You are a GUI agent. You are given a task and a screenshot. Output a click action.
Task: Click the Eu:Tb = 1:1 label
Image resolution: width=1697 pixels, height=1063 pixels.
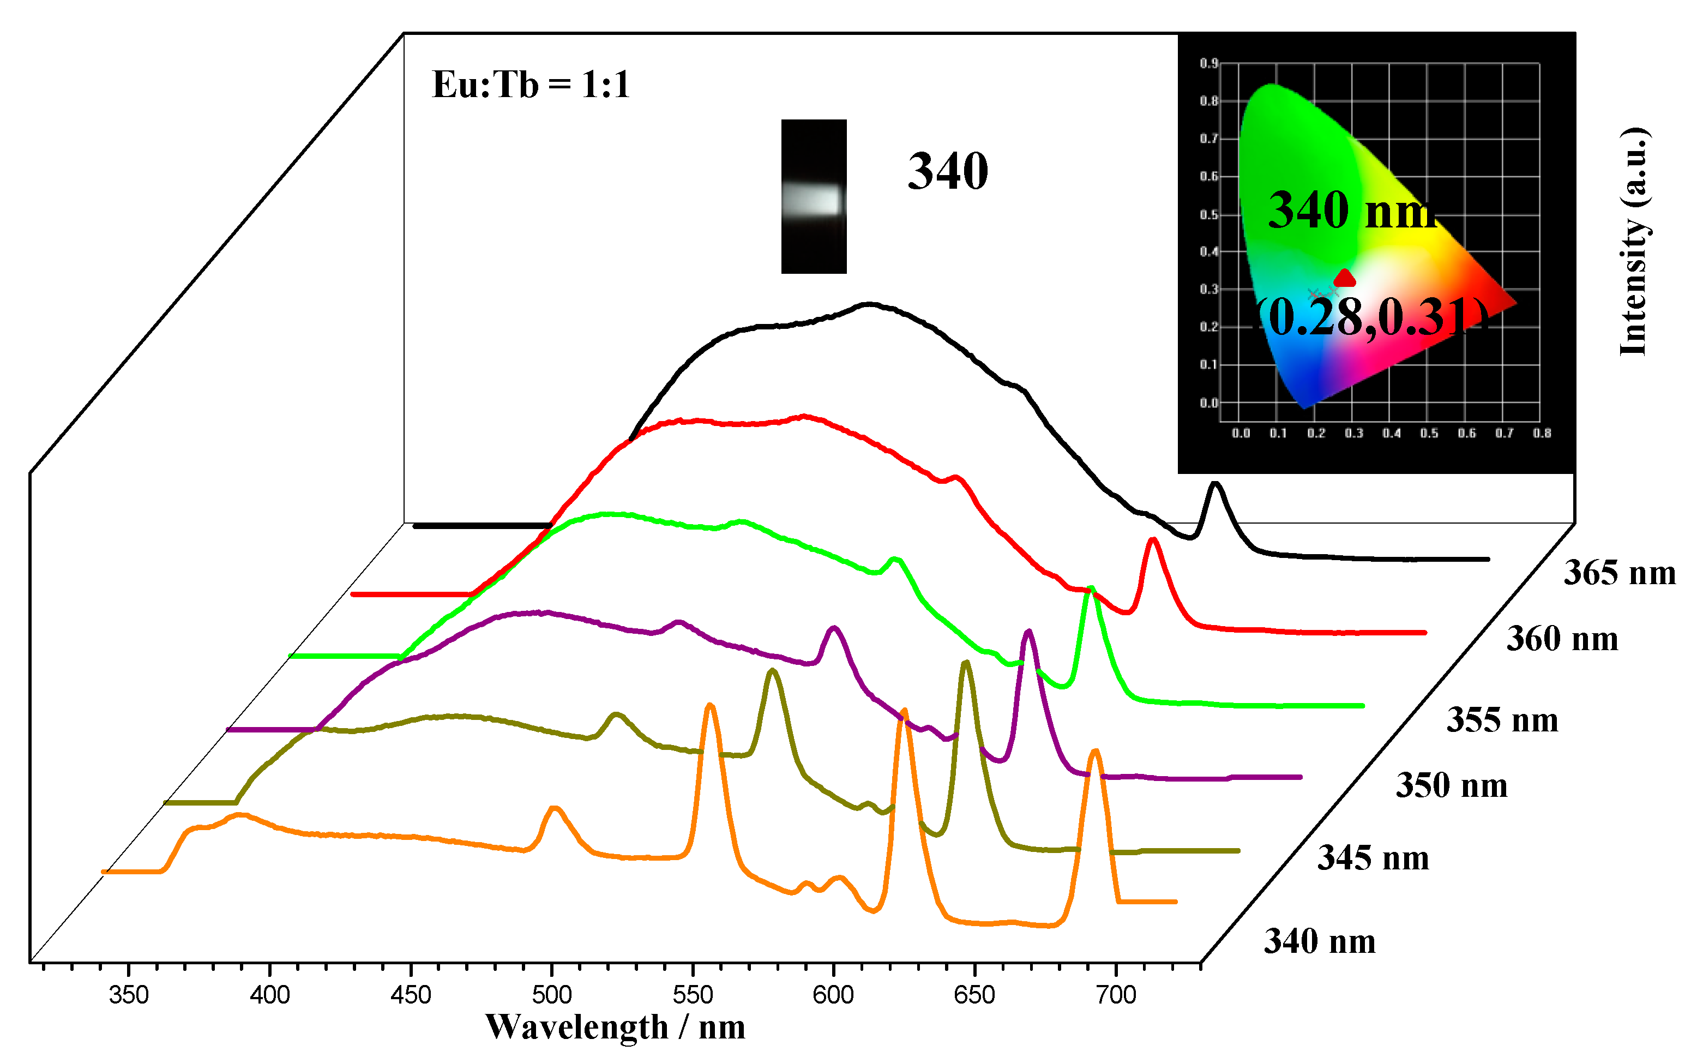[x=531, y=85]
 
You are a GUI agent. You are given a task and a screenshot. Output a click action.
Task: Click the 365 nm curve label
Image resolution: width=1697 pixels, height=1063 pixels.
[x=1619, y=573]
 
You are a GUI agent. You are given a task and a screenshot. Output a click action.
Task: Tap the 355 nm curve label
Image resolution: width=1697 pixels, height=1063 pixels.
[x=1502, y=720]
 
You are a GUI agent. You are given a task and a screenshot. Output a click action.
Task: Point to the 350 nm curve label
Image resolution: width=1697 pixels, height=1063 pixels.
[x=1451, y=785]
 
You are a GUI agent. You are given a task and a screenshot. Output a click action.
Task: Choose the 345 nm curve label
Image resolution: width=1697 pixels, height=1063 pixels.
[x=1373, y=858]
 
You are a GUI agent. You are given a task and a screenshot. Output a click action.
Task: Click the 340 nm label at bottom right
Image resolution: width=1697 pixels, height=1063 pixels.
[x=1319, y=941]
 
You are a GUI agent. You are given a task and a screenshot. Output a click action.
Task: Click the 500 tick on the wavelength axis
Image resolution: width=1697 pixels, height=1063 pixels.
[x=552, y=995]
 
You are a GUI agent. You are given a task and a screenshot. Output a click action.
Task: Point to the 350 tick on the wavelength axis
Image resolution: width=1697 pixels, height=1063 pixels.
[x=129, y=995]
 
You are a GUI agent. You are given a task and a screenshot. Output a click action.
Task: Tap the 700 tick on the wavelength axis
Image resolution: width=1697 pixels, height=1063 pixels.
[x=1116, y=995]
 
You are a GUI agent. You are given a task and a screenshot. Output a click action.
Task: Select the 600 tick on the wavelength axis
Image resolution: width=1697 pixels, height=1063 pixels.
[x=833, y=995]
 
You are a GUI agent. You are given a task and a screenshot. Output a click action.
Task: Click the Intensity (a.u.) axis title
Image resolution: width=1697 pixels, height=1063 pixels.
[x=1634, y=243]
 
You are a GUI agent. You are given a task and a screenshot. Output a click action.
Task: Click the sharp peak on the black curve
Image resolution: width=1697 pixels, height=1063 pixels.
[x=1215, y=484]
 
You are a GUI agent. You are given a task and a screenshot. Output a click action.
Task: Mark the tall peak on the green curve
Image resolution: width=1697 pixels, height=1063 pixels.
[x=1091, y=589]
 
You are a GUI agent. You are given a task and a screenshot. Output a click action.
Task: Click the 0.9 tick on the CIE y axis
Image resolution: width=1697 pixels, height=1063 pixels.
[x=1208, y=63]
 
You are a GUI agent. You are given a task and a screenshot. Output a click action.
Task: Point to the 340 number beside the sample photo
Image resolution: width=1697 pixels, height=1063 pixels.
[x=947, y=172]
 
